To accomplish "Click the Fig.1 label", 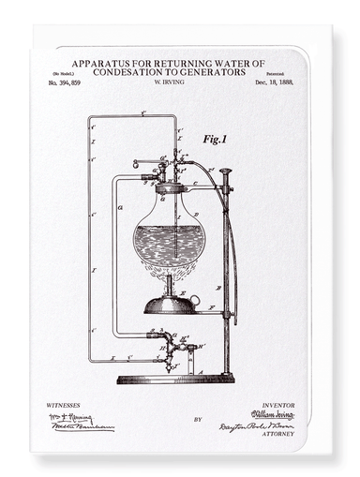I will pos(215,139).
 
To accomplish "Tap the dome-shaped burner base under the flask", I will pos(169,304).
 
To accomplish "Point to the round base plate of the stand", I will pos(174,378).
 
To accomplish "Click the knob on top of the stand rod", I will pos(225,171).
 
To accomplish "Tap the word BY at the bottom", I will pos(171,419).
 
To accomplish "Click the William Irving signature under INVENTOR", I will pos(273,414).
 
